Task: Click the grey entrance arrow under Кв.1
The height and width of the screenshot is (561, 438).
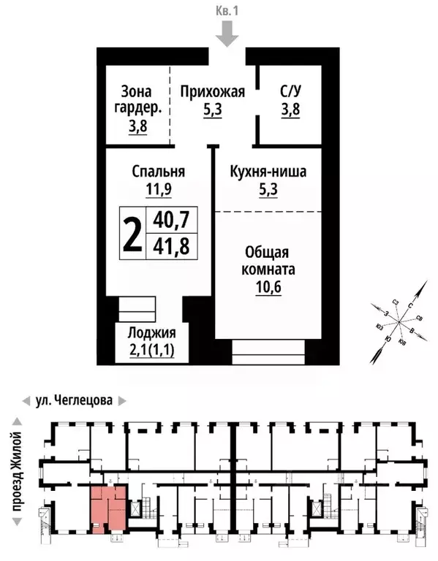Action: click(229, 33)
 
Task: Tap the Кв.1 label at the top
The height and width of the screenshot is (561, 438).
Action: click(228, 10)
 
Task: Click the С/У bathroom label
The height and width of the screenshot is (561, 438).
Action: click(290, 92)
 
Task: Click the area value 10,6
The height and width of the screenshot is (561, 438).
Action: click(269, 286)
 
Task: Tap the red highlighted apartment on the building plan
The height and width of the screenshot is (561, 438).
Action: click(108, 508)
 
